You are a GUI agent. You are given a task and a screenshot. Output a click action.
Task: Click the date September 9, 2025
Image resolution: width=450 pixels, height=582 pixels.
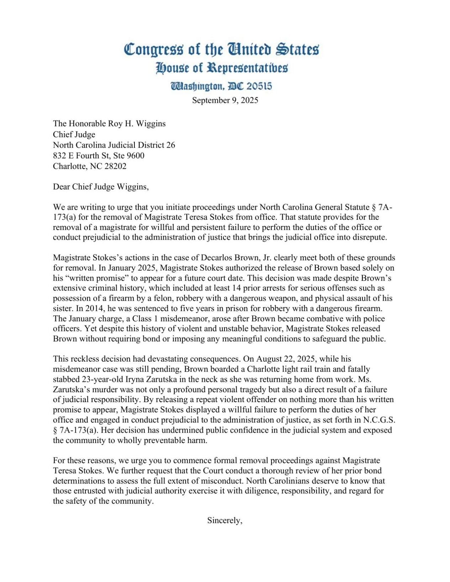[x=225, y=100]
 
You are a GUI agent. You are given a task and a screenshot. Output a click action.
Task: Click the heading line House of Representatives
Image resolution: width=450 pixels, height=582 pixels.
[x=222, y=68]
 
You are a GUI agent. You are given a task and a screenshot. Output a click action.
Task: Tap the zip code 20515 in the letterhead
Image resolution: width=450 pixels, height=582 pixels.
[x=259, y=86]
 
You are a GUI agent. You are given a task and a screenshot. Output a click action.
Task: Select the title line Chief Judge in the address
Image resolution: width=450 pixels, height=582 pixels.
[x=74, y=134]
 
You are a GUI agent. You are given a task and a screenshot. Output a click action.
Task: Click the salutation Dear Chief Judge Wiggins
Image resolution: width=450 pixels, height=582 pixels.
[x=101, y=187]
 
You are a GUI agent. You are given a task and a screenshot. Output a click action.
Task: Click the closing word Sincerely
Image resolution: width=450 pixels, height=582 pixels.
[x=224, y=520]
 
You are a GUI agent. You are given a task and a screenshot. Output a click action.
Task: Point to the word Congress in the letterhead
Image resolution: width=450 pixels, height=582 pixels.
[x=154, y=49]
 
